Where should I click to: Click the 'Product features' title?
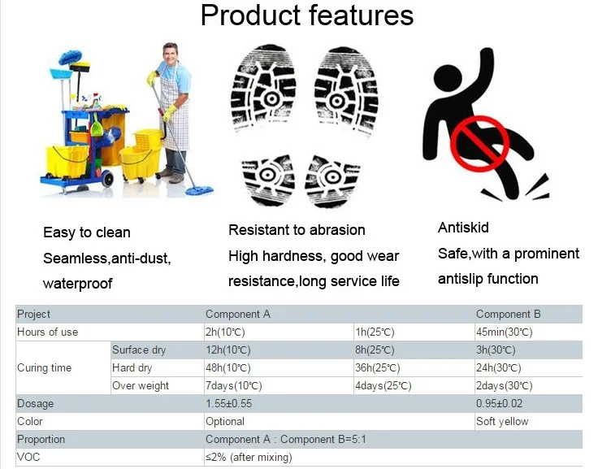(306, 15)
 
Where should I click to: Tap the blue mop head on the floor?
(199, 190)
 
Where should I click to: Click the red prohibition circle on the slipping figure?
(479, 143)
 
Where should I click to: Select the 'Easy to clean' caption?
(86, 232)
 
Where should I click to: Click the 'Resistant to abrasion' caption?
(297, 230)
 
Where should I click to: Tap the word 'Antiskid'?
(463, 228)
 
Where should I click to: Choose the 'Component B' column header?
(508, 315)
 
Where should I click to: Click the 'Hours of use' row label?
(48, 332)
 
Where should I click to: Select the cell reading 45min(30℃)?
(504, 332)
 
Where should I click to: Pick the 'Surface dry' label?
(139, 350)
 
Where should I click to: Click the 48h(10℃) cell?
(228, 368)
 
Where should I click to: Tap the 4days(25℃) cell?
(383, 386)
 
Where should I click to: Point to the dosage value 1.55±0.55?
(229, 403)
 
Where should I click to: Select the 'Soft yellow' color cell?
(502, 421)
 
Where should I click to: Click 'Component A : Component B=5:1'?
(286, 440)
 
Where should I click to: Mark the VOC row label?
(28, 457)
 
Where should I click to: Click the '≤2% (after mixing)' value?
(249, 458)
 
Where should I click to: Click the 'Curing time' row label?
(45, 368)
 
